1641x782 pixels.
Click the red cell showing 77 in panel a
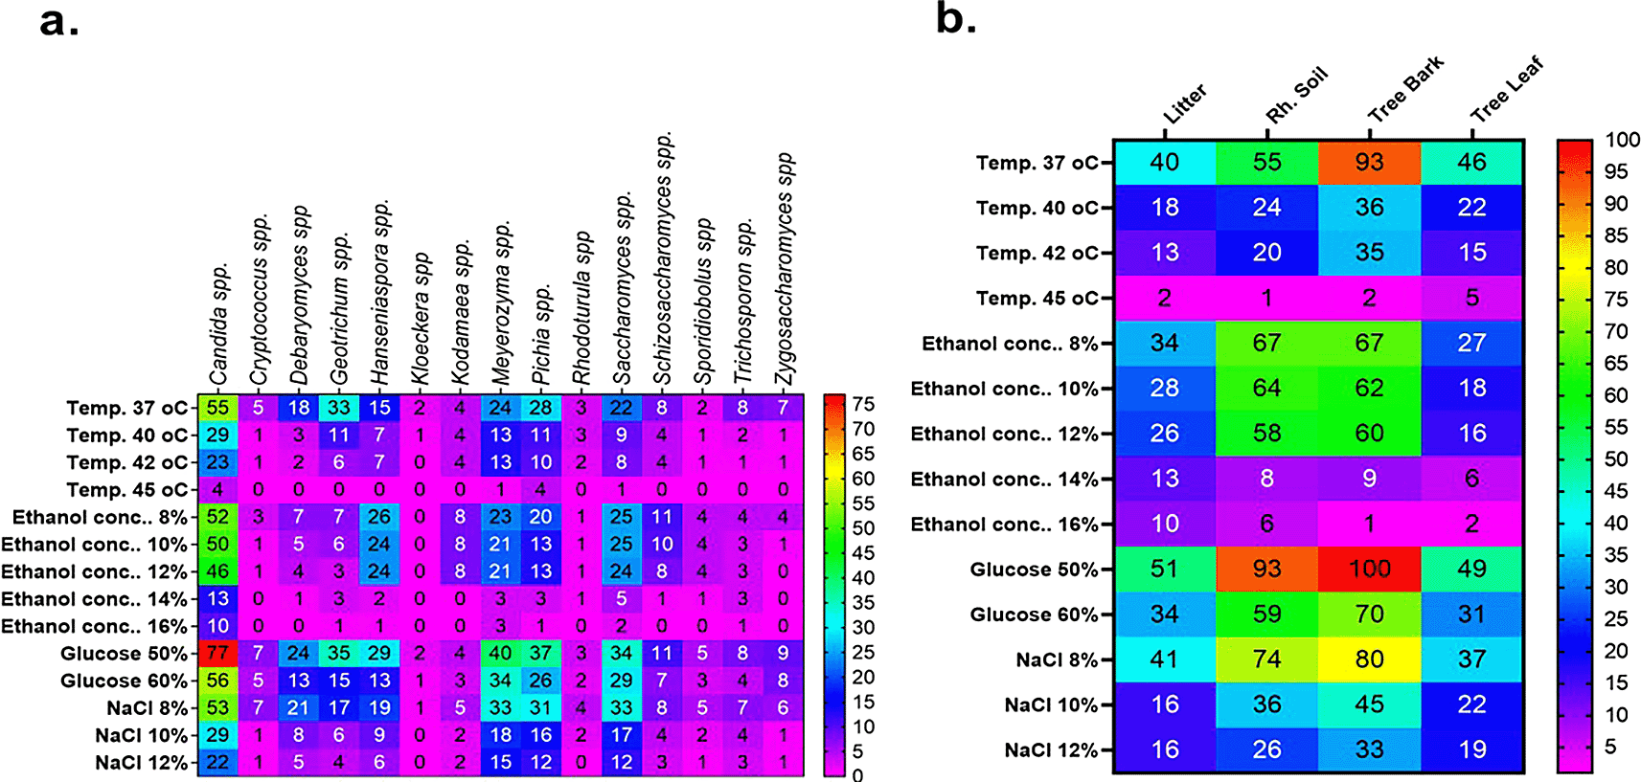(x=217, y=654)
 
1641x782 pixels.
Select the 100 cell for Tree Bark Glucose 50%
(x=1369, y=570)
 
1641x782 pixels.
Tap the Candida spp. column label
(x=219, y=324)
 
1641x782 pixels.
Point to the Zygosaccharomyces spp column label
(x=785, y=270)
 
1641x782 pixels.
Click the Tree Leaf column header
(x=1507, y=90)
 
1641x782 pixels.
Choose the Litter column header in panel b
(x=1185, y=104)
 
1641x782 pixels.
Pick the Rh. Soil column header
(x=1296, y=96)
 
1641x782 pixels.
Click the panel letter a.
(x=58, y=21)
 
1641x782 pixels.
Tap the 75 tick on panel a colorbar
(x=863, y=404)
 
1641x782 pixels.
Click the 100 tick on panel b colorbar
(x=1622, y=140)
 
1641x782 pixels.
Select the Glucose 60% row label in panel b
(x=1034, y=614)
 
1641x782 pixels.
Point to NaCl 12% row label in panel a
(x=142, y=763)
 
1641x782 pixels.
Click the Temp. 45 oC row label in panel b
(x=1037, y=298)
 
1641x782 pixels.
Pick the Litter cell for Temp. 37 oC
(x=1164, y=163)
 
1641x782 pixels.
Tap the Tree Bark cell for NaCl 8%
(x=1369, y=659)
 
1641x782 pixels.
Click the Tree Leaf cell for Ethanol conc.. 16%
(x=1471, y=524)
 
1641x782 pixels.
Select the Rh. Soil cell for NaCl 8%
(x=1266, y=659)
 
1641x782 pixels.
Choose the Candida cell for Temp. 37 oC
(x=217, y=408)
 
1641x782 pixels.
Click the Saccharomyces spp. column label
(x=623, y=289)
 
